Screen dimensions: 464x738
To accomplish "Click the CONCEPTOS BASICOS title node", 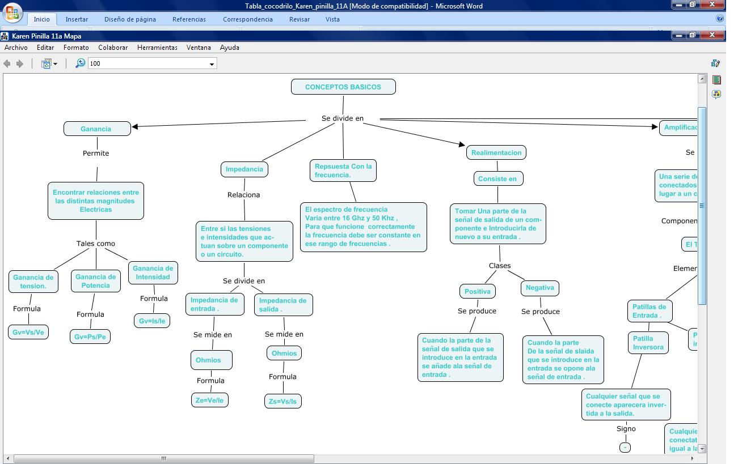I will [x=343, y=87].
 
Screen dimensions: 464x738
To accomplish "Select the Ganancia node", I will [x=96, y=129].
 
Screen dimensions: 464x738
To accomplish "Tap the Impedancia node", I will [x=244, y=169].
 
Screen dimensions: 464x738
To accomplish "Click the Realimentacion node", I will [x=496, y=153].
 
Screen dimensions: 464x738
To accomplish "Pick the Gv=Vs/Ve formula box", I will [x=28, y=333].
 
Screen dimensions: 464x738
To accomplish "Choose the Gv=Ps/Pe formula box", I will [x=90, y=337].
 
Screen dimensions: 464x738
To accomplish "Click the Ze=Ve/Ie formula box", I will [x=210, y=401].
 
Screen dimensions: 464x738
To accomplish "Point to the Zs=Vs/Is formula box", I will [x=282, y=402].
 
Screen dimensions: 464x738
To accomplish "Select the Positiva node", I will [x=478, y=292].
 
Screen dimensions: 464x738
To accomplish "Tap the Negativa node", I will [x=539, y=288].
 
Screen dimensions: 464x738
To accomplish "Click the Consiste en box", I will [x=497, y=179].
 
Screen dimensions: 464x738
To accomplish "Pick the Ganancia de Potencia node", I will [x=96, y=281].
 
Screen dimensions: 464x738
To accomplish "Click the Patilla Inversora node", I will [x=648, y=343].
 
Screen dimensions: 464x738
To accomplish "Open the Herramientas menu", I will [x=157, y=48].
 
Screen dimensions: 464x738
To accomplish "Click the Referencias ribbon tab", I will [x=189, y=19].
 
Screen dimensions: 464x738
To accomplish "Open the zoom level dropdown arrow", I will [x=212, y=64].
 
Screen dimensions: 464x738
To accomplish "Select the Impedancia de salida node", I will [x=282, y=305].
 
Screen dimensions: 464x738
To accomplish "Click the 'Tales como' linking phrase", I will [x=96, y=244].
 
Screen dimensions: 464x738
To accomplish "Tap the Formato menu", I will [x=76, y=48].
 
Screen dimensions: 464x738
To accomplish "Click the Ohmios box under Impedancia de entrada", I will [x=208, y=360].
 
